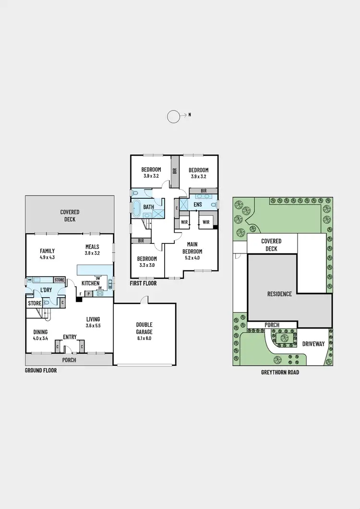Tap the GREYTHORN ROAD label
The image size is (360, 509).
(280, 372)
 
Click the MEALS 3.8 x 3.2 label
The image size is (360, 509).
(92, 250)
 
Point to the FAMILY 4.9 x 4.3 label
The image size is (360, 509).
(47, 254)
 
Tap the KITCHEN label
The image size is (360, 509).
(90, 283)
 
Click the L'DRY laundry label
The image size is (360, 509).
(46, 291)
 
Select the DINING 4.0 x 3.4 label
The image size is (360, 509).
(40, 335)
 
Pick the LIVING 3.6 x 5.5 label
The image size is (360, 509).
(93, 322)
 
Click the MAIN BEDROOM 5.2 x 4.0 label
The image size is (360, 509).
(192, 248)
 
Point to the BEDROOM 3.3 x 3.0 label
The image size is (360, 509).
(147, 261)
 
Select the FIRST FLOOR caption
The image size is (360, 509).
(143, 283)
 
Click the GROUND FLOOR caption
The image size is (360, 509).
(41, 371)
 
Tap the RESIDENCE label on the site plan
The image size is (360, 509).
(279, 294)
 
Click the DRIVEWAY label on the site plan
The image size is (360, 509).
(313, 344)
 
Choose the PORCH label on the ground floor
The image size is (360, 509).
(69, 360)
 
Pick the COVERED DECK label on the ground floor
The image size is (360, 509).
(70, 216)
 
